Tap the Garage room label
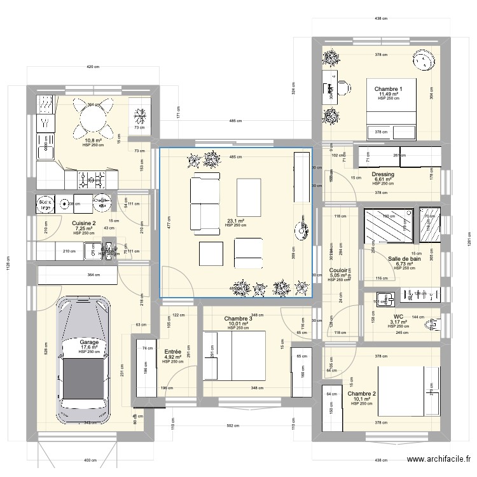point(89,342)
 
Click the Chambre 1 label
point(388,89)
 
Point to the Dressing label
point(383,174)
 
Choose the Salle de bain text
point(404,258)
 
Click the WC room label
point(399,316)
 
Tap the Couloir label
point(339,270)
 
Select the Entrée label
point(172,352)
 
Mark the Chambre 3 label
point(238,319)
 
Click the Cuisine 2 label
point(84,223)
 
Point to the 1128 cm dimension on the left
point(8,264)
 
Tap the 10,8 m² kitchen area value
point(94,141)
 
